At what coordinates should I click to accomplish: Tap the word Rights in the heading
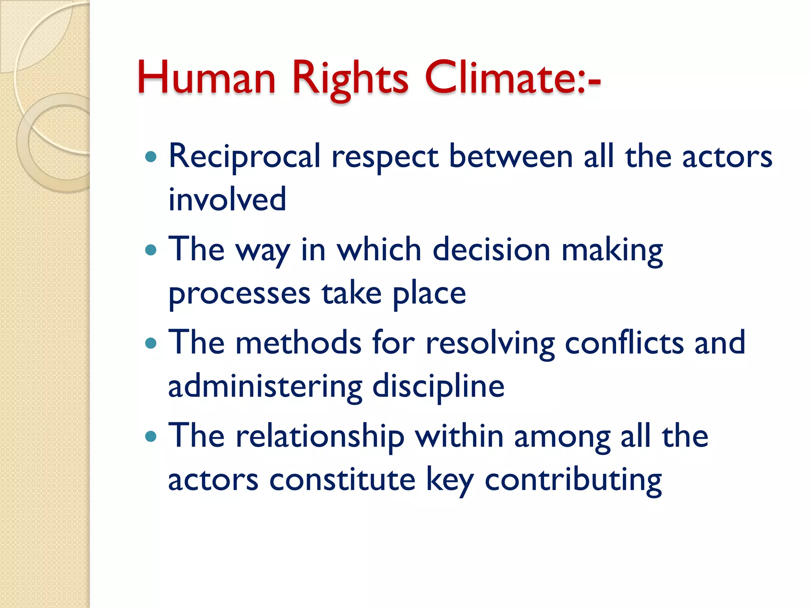350,78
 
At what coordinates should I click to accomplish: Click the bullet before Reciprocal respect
151,157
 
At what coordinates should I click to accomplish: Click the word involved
227,199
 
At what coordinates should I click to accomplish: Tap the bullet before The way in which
151,250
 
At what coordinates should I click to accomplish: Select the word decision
491,250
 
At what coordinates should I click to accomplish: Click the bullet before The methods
151,343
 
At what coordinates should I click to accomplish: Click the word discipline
438,387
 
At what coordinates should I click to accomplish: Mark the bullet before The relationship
151,436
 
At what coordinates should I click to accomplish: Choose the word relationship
320,437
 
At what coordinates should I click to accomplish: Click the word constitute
342,480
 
